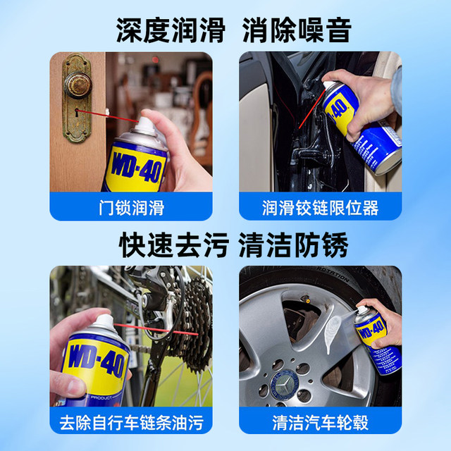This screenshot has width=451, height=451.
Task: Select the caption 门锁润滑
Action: pos(131,207)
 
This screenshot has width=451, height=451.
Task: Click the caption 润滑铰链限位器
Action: pos(320,207)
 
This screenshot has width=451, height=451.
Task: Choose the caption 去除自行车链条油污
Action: pos(131,422)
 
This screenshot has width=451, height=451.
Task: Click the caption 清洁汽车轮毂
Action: pos(320,422)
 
